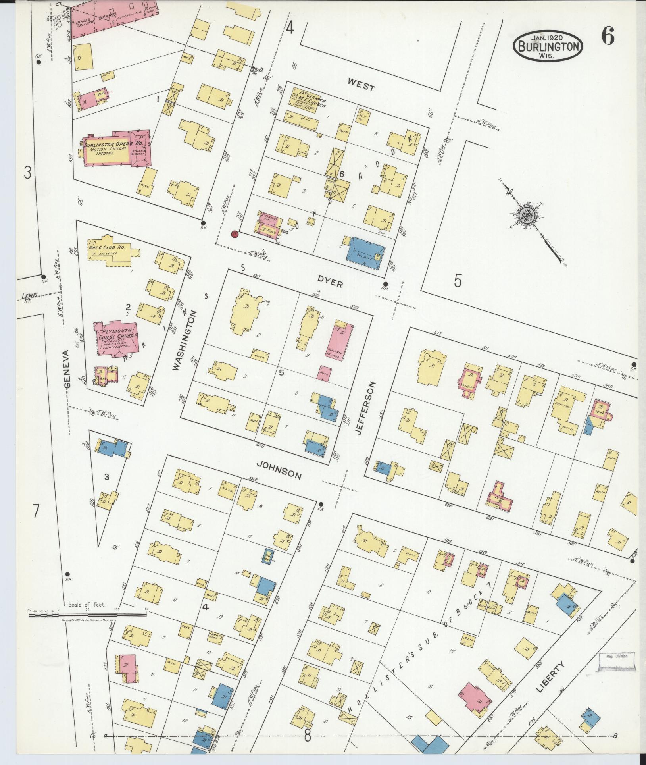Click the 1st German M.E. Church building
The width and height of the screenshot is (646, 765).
304,100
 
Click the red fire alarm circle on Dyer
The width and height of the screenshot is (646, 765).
235,234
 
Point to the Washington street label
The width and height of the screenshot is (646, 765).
185,340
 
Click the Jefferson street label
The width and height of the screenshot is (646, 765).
366,409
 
